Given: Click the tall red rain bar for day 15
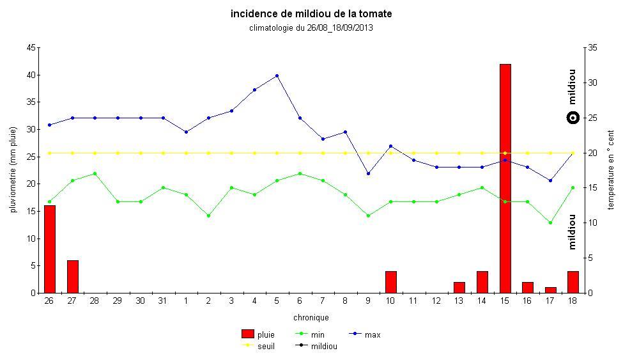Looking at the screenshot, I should tap(505, 178).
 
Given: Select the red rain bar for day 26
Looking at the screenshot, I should tap(49, 249).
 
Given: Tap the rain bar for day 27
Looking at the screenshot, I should tap(72, 276).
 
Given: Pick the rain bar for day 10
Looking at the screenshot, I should tap(390, 282).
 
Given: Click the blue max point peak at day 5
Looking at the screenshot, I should tap(277, 75).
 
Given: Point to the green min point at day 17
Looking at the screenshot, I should tap(550, 223).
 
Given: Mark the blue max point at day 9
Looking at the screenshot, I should tap(368, 173).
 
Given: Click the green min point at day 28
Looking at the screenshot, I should tap(95, 173).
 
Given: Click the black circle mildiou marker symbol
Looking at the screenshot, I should tap(573, 118).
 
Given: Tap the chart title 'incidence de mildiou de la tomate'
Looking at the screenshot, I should tap(311, 13).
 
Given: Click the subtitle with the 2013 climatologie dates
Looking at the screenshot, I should tap(311, 27).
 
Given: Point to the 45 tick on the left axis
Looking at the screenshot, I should tap(31, 48).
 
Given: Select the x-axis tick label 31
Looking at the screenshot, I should tap(163, 301).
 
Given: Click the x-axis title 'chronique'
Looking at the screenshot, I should tap(311, 317).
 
